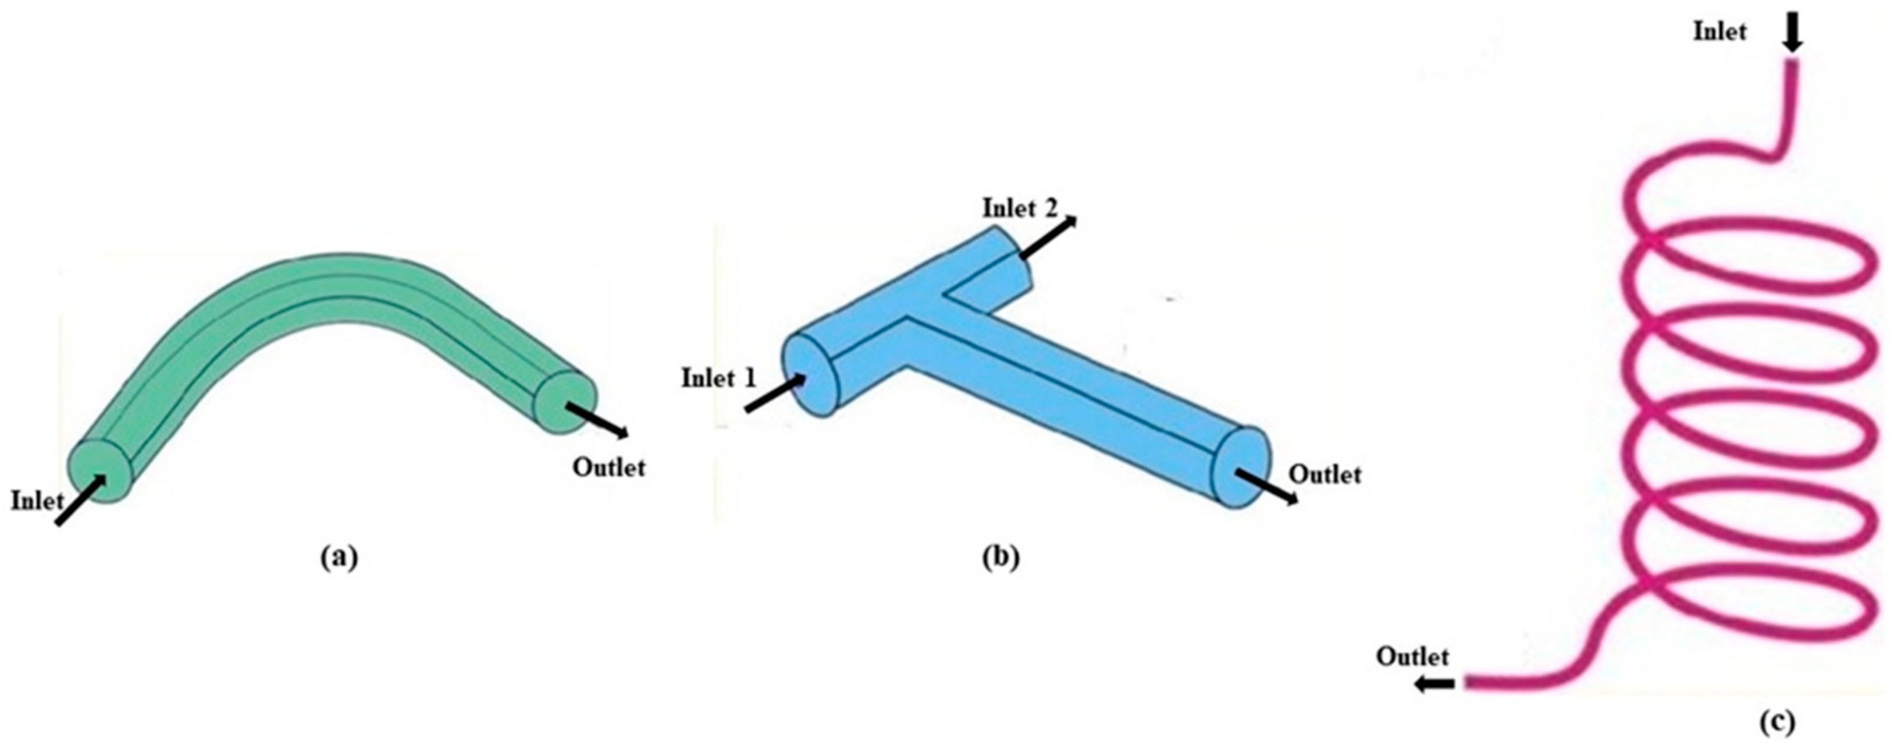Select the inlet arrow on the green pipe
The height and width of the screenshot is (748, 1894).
click(81, 501)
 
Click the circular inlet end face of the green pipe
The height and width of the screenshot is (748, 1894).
click(98, 471)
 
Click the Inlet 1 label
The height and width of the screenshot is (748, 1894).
click(718, 379)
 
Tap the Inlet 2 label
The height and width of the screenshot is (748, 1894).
click(1020, 209)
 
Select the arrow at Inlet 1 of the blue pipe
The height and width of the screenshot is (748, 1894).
click(775, 394)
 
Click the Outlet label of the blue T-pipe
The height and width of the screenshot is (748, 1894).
click(1326, 474)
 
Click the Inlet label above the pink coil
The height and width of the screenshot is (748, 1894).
click(1719, 31)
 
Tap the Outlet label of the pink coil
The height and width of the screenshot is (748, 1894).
click(1412, 656)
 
